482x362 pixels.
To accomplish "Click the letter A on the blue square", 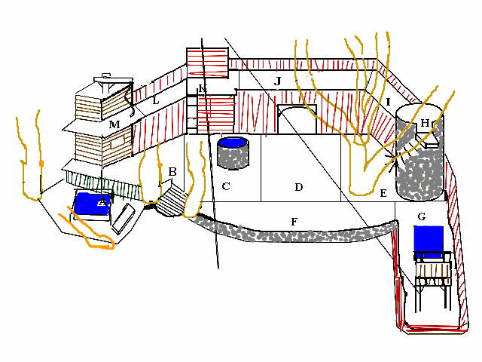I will click(102, 201).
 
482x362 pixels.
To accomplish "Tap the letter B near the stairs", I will click(172, 172).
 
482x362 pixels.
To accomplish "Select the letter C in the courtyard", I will click(225, 186).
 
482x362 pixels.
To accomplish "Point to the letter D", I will click(298, 186).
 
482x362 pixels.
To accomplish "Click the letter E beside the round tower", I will click(383, 194).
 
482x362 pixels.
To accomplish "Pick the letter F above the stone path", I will click(294, 221).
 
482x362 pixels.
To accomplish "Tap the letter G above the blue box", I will click(421, 217).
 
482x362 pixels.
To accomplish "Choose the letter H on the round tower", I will click(425, 123).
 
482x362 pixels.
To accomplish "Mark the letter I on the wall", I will click(388, 101).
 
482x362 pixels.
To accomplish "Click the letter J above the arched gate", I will click(277, 80).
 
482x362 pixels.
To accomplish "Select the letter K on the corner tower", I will click(201, 90).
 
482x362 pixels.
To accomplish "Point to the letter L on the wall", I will click(155, 100).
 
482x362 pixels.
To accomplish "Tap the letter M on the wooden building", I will click(114, 124).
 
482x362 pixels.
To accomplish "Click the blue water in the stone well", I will click(233, 143).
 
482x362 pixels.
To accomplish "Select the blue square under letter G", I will click(429, 240).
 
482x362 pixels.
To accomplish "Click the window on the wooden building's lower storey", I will click(117, 139).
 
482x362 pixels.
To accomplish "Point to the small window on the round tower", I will click(432, 140).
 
